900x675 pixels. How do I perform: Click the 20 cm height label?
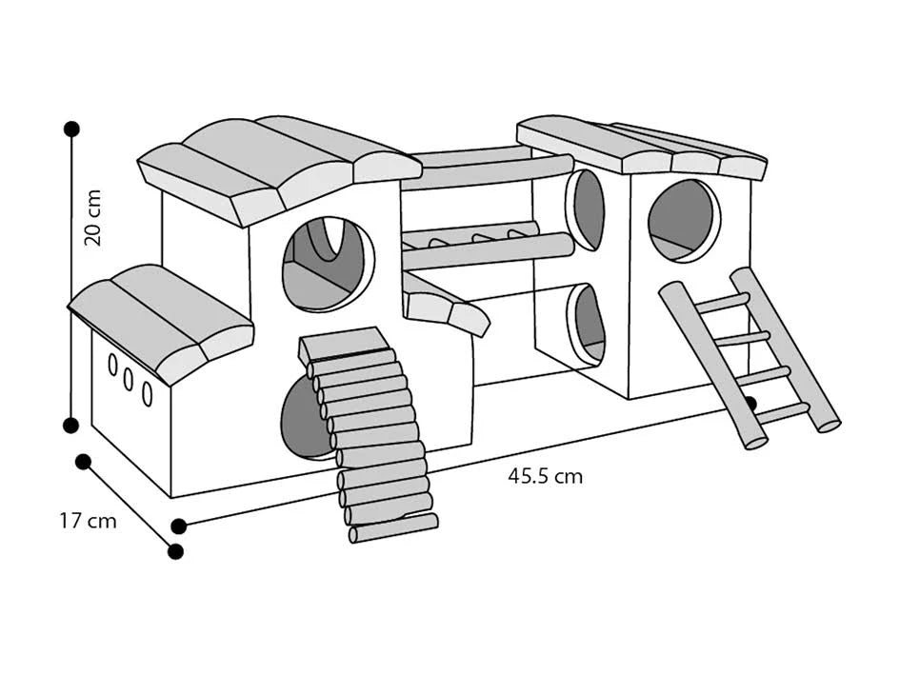click(92, 217)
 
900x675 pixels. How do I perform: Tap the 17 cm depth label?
click(88, 521)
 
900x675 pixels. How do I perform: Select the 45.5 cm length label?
click(545, 476)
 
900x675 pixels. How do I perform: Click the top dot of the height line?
click(71, 129)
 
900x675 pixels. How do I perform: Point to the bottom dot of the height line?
click(71, 425)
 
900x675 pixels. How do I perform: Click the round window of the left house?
click(327, 264)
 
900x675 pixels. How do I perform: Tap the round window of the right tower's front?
click(683, 219)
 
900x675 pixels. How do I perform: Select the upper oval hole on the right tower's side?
click(587, 209)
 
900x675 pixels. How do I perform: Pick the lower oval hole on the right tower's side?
click(589, 324)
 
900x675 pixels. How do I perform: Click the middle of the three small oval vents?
click(130, 379)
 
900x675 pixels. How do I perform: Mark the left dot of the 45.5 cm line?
click(178, 526)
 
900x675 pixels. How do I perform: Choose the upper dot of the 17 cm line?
click(83, 462)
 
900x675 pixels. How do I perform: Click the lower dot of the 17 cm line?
click(174, 551)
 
